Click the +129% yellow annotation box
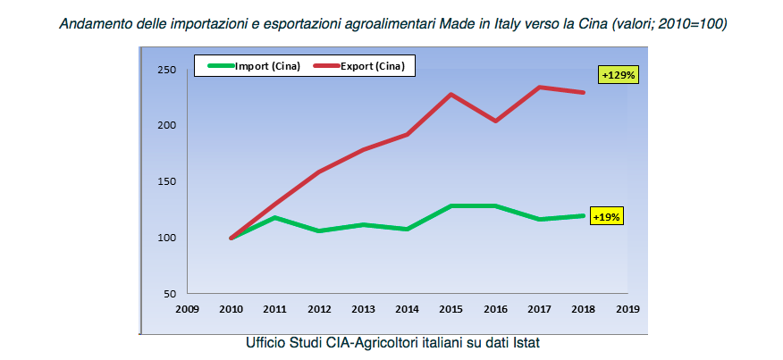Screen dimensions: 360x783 [618, 76]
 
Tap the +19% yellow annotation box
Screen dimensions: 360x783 [607, 217]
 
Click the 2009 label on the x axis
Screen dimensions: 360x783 [187, 310]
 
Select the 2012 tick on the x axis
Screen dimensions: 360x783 [319, 310]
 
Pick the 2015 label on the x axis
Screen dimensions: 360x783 [451, 310]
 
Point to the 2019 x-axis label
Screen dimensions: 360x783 [627, 310]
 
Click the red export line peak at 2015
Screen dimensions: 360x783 [451, 94]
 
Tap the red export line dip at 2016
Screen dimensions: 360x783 [495, 121]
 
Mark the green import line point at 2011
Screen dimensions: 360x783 [275, 217]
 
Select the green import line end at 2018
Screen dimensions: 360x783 [584, 215]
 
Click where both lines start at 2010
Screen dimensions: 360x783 [232, 238]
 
